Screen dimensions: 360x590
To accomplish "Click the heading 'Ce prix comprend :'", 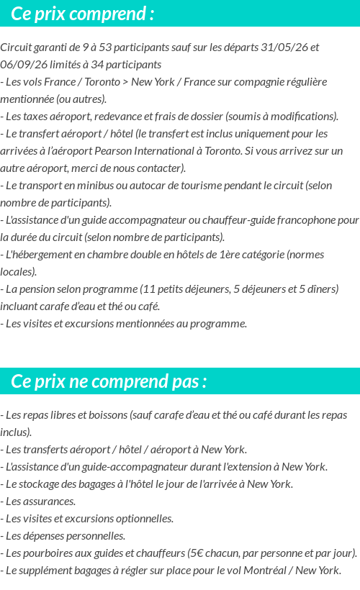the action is pos(83,14).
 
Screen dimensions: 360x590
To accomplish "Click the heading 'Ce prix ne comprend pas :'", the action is pos(109,381).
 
